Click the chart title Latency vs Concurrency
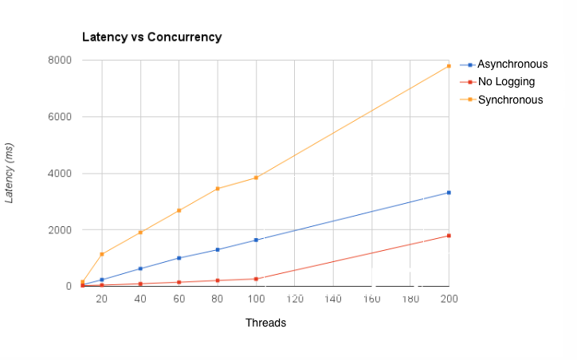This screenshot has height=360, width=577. [x=152, y=37]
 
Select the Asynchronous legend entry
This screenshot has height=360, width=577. [x=512, y=65]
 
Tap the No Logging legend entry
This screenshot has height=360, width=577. [x=506, y=82]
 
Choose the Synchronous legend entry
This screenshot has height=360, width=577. [x=510, y=100]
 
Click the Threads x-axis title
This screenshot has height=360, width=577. [x=265, y=323]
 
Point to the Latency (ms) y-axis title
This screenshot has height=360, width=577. [x=10, y=174]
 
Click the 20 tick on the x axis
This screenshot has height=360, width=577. [x=102, y=299]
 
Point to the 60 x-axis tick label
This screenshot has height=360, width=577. [x=179, y=299]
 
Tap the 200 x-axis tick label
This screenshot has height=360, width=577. [x=449, y=299]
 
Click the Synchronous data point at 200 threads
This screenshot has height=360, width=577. [x=449, y=66]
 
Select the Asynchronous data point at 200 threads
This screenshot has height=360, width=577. [x=449, y=193]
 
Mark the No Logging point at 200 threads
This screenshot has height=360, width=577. [x=449, y=236]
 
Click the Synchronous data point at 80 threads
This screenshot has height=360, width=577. [x=218, y=189]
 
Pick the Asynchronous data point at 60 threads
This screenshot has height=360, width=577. [x=179, y=258]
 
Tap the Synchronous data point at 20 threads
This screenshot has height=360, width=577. [x=102, y=254]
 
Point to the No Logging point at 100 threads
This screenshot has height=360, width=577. [x=256, y=279]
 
